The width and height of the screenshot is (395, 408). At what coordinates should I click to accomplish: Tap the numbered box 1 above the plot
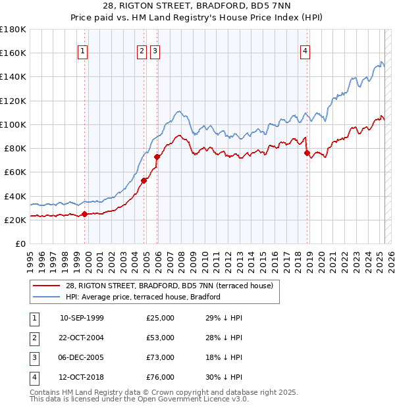(82, 52)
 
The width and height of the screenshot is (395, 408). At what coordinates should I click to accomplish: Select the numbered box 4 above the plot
(305, 52)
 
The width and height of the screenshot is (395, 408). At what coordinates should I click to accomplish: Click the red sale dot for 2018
(307, 153)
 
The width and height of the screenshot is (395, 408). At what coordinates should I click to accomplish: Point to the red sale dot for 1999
(85, 213)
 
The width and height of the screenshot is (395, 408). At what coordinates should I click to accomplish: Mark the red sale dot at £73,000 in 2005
(157, 157)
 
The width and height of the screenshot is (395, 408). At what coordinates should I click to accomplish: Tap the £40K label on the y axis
(16, 196)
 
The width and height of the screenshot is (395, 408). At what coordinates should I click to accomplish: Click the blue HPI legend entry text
(142, 297)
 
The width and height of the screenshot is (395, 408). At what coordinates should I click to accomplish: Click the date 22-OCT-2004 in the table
(82, 338)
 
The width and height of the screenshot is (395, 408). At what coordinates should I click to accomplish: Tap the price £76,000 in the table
(161, 377)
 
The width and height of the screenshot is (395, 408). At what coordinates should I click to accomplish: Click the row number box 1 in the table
(32, 318)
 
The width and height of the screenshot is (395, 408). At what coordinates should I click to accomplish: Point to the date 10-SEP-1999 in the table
(82, 318)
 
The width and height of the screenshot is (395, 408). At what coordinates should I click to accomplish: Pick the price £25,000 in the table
(161, 318)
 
